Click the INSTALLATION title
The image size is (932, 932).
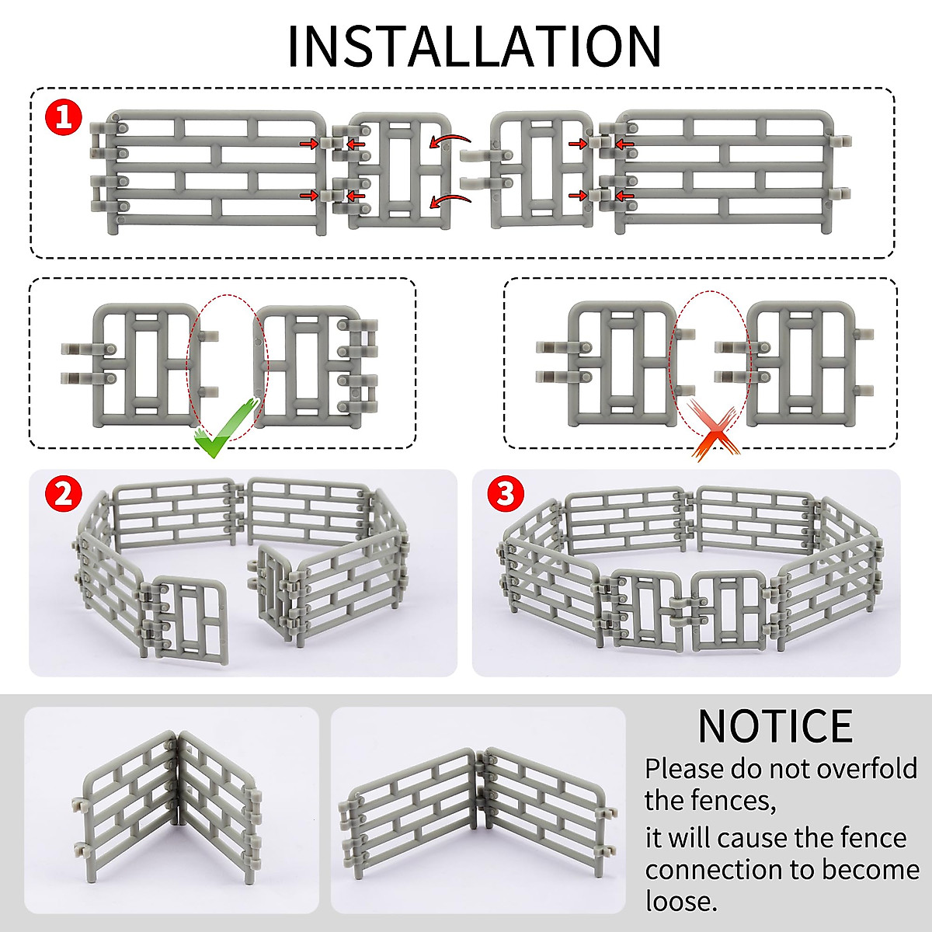[x=474, y=47]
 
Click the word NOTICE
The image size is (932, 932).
[x=774, y=726]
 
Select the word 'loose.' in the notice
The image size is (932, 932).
[x=681, y=901]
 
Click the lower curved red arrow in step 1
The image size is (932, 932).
[x=450, y=201]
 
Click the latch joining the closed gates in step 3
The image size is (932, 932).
[x=687, y=607]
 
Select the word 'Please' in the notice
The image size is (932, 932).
[x=684, y=769]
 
